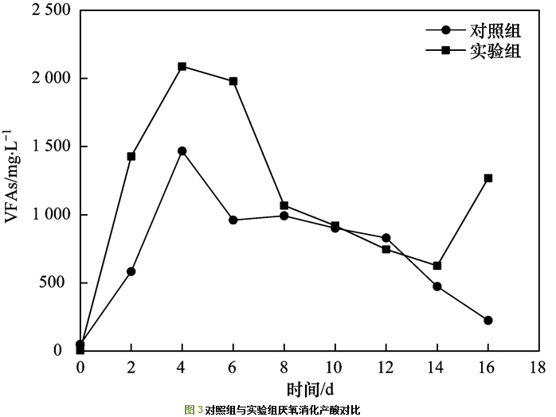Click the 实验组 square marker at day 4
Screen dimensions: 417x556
click(x=182, y=66)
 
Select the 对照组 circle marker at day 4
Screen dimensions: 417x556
click(x=182, y=150)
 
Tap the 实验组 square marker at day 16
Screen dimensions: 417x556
click(x=488, y=178)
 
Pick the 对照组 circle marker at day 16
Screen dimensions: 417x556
click(x=488, y=320)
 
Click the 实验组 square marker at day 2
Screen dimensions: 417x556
click(x=131, y=156)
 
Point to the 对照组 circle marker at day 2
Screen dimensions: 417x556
click(x=131, y=271)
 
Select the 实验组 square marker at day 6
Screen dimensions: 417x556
click(x=233, y=81)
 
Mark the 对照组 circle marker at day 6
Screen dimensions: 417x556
click(x=233, y=220)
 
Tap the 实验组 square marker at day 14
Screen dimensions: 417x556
click(x=437, y=265)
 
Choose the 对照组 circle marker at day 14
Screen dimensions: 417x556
click(x=437, y=286)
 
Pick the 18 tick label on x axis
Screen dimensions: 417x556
click(x=539, y=367)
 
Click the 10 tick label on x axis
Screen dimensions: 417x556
click(x=335, y=367)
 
